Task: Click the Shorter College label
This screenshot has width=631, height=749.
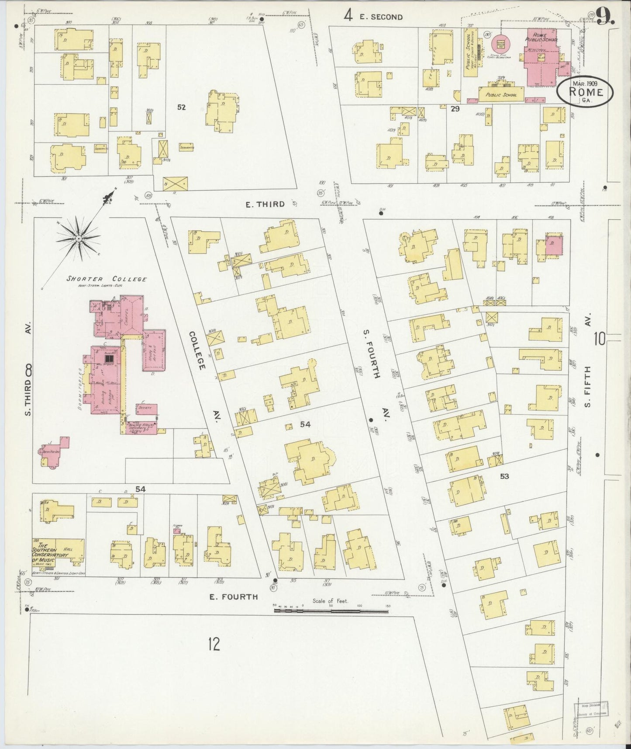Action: [107, 279]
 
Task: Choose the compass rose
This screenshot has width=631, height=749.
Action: [79, 238]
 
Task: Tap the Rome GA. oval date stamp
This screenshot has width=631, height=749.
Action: [585, 92]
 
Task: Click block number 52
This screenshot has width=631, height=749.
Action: [181, 107]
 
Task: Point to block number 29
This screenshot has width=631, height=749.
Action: [455, 109]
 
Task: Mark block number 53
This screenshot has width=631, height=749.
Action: [504, 476]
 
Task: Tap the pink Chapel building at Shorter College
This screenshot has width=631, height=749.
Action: [131, 315]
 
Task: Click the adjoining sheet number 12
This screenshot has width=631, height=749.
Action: [214, 644]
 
